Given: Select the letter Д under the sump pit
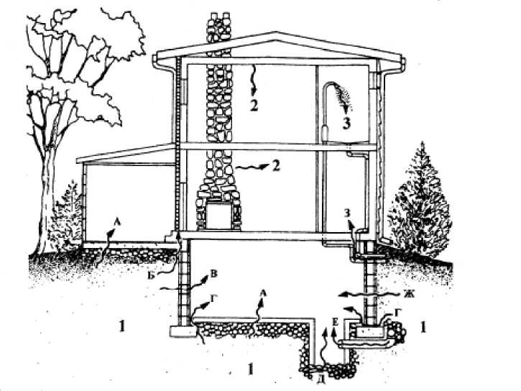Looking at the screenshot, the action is tap(318, 378).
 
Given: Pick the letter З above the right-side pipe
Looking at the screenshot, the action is tap(349, 213).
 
